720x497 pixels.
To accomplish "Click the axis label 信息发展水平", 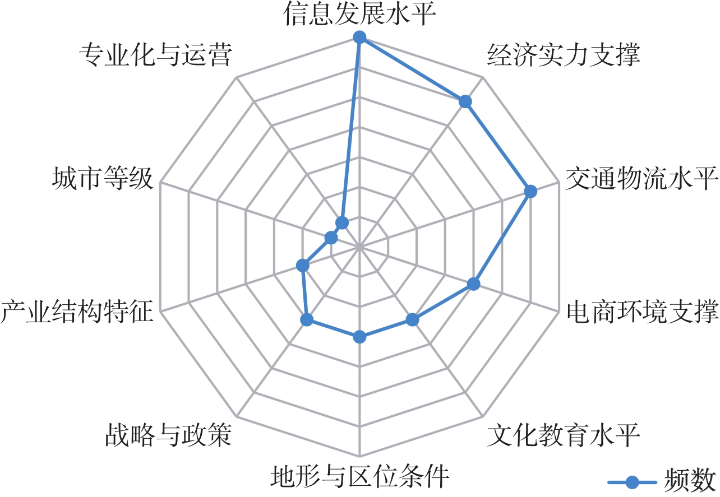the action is point(359,13).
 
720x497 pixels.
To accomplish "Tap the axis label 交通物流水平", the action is point(642,178).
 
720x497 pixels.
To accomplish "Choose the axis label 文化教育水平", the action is point(564,435).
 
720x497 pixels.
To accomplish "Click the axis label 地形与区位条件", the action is point(359,476).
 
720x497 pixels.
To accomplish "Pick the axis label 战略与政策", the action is point(168,435).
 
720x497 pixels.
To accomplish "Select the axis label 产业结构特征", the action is point(76,312).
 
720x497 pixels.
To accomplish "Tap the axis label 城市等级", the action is point(102,178).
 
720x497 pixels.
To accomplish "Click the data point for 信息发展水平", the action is point(359,38).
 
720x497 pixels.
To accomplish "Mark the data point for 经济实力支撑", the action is point(465,102).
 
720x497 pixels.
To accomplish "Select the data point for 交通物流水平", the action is point(530,192).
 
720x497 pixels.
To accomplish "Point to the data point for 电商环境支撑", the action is point(473,284).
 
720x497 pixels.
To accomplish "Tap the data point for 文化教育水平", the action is point(412,320).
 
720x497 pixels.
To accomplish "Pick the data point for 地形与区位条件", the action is point(359,337).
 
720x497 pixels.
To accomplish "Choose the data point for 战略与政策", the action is point(307,320).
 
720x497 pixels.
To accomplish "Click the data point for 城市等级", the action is point(331,238).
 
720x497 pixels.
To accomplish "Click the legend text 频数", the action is point(691,482).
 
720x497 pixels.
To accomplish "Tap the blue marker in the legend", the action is point(633,482).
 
